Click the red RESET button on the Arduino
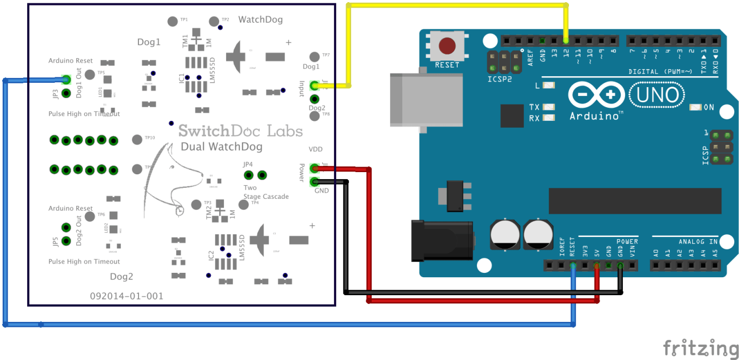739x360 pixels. tap(448, 46)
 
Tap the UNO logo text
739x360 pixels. tap(657, 96)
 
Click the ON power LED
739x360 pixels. tap(695, 107)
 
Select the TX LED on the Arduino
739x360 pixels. tap(549, 107)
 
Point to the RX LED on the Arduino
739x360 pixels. tap(549, 118)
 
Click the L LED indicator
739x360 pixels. tap(549, 86)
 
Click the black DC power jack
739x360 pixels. tap(442, 240)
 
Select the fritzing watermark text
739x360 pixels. tap(700, 347)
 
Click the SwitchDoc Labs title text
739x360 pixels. tap(240, 131)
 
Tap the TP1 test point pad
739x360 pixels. tap(173, 21)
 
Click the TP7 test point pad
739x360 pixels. tap(314, 57)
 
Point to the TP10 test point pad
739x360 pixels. tap(137, 139)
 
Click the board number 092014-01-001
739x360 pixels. tap(126, 296)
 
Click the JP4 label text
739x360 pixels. tap(248, 164)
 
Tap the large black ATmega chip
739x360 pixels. tap(634, 201)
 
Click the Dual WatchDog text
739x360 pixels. tap(221, 147)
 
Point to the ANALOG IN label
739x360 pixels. tap(698, 241)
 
